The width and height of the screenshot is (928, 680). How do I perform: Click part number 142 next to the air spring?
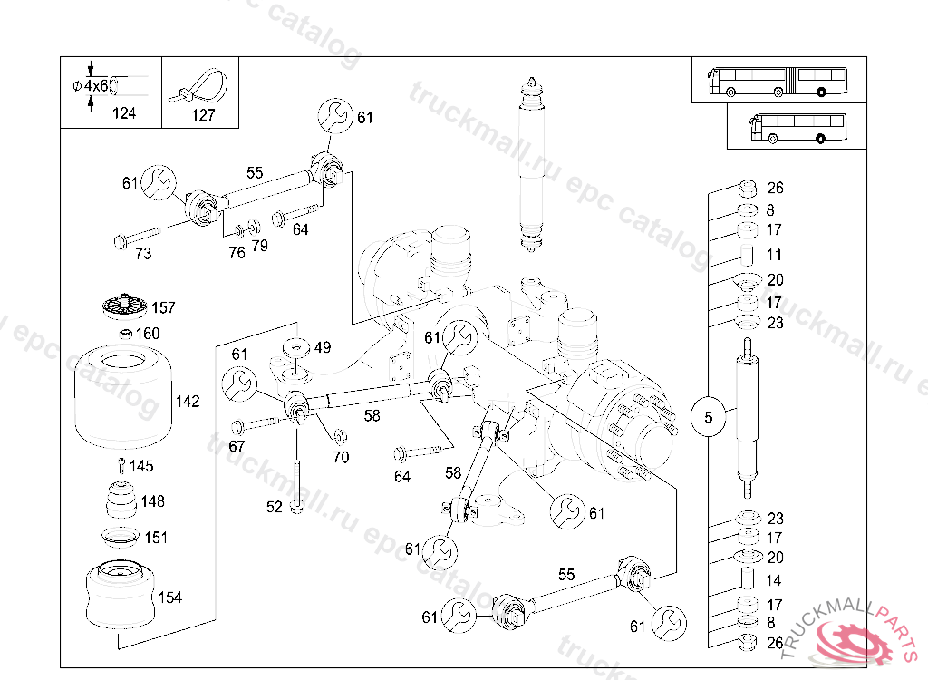pos(188,402)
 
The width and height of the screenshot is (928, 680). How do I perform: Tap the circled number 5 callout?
pos(709,418)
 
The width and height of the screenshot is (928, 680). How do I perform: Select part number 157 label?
pos(163,307)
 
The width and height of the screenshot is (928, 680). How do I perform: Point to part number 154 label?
pos(169,597)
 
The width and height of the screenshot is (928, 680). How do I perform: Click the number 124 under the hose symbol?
pos(123,113)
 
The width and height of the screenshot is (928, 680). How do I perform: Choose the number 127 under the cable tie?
pos(203,115)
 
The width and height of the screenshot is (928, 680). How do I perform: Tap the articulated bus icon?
pos(778,80)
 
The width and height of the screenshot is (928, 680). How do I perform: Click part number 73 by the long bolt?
pos(143,254)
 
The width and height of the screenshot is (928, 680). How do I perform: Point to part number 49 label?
pos(323,346)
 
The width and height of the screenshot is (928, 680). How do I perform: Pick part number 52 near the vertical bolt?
pos(274,507)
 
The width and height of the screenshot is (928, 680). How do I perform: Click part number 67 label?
pos(237,446)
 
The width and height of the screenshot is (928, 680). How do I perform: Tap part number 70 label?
pos(341,457)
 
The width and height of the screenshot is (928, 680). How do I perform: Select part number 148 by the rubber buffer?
pos(152,501)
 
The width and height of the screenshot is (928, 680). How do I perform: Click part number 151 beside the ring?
pos(156,538)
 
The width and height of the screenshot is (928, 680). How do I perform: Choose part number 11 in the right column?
pos(774,255)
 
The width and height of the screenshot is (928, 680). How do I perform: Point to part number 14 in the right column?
pos(774,580)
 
